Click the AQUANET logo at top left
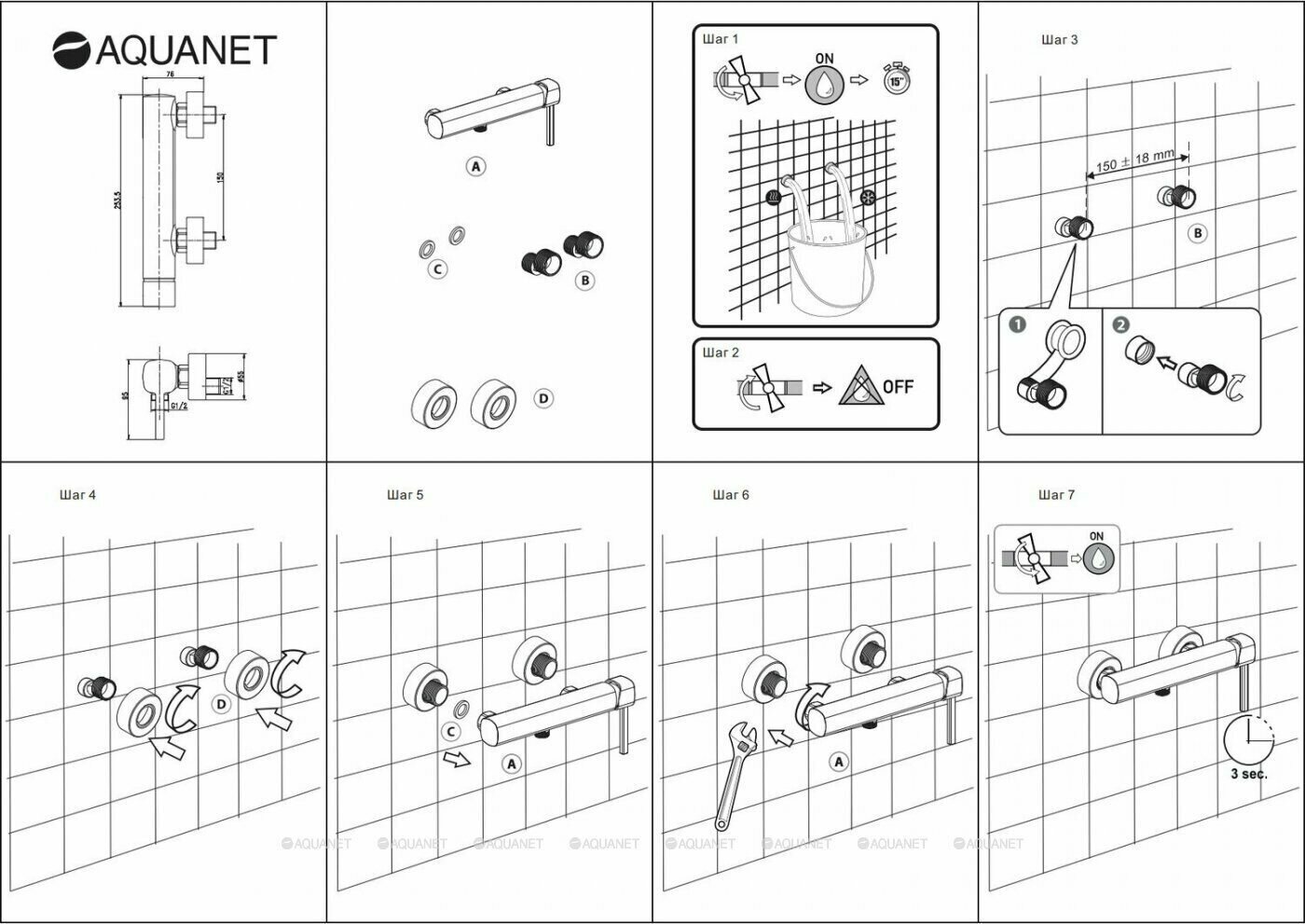coord(165,49)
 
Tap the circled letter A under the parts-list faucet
coord(476,167)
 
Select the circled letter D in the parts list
coord(543,398)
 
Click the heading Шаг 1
coord(720,39)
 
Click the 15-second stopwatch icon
coord(896,80)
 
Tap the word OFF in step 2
coord(898,386)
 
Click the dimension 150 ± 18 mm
coord(1134,161)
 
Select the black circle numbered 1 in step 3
coord(1018,324)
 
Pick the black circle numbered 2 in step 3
coord(1121,324)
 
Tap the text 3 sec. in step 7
coord(1248,774)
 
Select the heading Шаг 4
coord(77,494)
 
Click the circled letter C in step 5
coord(451,732)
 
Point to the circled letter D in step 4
coord(221,704)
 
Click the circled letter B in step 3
coord(1198,233)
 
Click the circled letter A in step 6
coord(839,762)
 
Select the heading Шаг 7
coord(1056,494)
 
